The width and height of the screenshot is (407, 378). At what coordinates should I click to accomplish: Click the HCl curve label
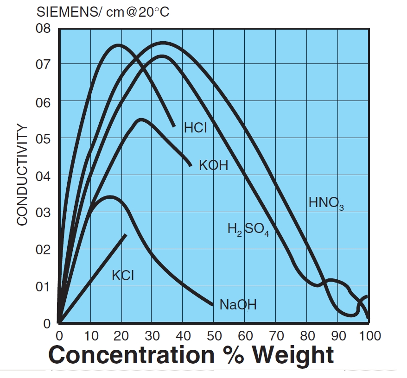click(x=195, y=128)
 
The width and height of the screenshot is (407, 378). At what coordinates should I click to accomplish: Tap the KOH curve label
click(x=213, y=165)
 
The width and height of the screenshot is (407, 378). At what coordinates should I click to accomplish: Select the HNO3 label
click(x=326, y=203)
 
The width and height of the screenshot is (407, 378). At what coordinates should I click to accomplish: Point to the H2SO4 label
click(x=248, y=229)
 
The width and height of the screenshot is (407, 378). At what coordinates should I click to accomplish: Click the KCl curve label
click(x=123, y=275)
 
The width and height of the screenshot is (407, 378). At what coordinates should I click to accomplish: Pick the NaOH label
click(x=238, y=305)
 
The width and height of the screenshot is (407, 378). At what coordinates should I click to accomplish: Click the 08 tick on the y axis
click(x=43, y=28)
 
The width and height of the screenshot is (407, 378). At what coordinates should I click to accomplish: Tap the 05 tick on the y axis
click(x=43, y=139)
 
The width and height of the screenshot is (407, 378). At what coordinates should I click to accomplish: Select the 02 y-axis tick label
click(x=43, y=250)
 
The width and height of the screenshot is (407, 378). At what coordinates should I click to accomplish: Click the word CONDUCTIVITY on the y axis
click(x=22, y=175)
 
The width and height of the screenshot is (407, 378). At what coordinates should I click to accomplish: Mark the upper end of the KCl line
click(x=125, y=235)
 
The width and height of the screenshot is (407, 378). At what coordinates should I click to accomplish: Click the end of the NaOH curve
click(x=212, y=304)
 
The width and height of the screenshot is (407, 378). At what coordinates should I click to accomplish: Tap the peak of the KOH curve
click(x=140, y=120)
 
